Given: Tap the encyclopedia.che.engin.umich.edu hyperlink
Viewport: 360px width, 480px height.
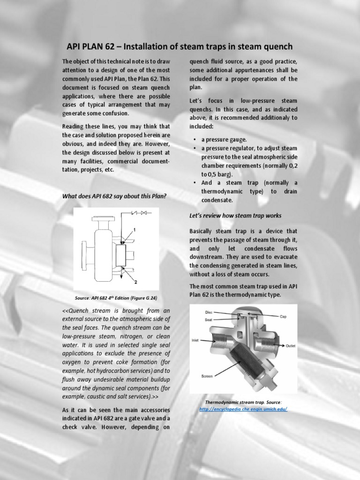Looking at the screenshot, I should (x=243, y=409).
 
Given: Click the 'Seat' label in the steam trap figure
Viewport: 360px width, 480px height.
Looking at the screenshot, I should (x=209, y=320).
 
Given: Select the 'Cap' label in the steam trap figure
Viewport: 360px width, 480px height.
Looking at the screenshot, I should (x=283, y=316).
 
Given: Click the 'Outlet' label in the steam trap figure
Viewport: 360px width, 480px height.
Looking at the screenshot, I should (x=291, y=346).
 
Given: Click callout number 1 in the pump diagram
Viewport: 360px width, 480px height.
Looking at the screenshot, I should (x=134, y=230).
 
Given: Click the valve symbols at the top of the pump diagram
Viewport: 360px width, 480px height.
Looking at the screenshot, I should (x=138, y=213).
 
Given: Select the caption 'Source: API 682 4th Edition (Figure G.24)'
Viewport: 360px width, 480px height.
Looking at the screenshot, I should (x=118, y=298).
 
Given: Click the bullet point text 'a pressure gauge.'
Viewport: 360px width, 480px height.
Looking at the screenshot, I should (x=220, y=139).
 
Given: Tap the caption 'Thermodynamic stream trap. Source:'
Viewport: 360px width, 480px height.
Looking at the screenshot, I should (x=243, y=402).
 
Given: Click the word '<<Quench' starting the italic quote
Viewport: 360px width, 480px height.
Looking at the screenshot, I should (x=76, y=310).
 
